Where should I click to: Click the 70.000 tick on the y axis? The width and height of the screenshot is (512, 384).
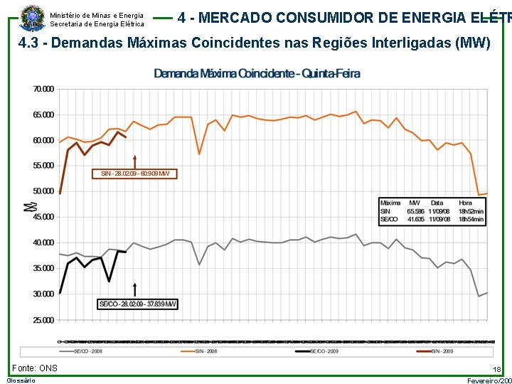tap(43, 89)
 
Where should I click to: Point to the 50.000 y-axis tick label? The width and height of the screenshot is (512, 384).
tap(43, 191)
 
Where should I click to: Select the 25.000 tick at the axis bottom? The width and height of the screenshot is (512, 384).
tap(43, 319)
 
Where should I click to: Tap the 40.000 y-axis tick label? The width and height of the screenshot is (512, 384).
tap(43, 242)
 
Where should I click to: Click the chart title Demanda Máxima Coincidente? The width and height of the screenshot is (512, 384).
tap(257, 73)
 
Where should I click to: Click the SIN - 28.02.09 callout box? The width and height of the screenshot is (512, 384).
tap(134, 174)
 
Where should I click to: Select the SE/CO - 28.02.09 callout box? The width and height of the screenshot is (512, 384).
tap(137, 304)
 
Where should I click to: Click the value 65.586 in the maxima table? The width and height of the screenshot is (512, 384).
tap(415, 211)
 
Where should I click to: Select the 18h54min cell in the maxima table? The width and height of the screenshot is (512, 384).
tap(471, 220)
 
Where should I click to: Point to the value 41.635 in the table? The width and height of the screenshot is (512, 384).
tap(415, 220)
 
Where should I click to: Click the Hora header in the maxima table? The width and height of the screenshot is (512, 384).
tap(465, 203)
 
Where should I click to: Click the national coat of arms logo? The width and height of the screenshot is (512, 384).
tap(31, 17)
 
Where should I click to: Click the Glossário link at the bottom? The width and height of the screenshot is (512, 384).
tap(21, 381)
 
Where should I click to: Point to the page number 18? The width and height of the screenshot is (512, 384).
tap(497, 370)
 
